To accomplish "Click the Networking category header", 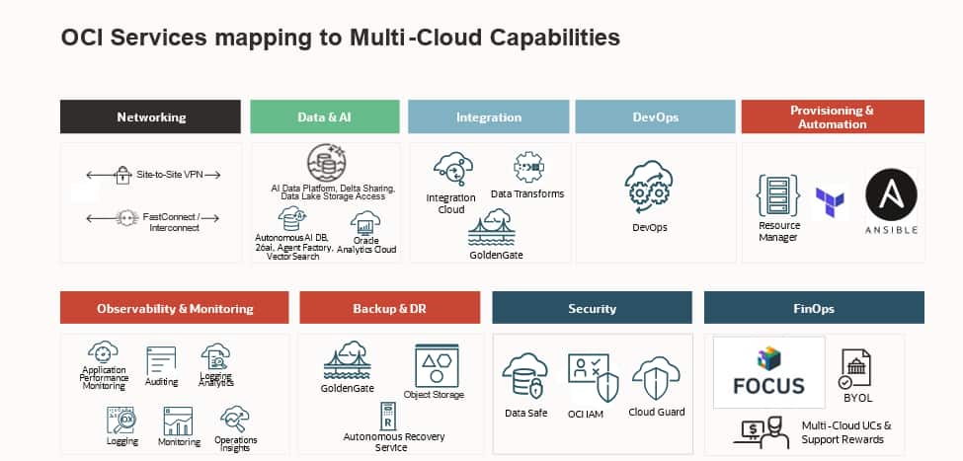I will click(x=150, y=116).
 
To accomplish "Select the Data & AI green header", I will click(x=324, y=116).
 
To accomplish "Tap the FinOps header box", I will click(x=813, y=308).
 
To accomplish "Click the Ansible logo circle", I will click(x=891, y=193).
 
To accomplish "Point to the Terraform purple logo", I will click(x=830, y=202).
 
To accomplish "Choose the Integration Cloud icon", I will click(x=451, y=170).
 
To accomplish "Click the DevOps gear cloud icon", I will click(x=649, y=189).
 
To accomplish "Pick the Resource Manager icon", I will click(x=778, y=195).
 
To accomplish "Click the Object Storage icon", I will click(x=435, y=364).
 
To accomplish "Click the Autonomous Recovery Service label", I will click(x=393, y=441).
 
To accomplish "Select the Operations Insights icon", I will click(x=235, y=419).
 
